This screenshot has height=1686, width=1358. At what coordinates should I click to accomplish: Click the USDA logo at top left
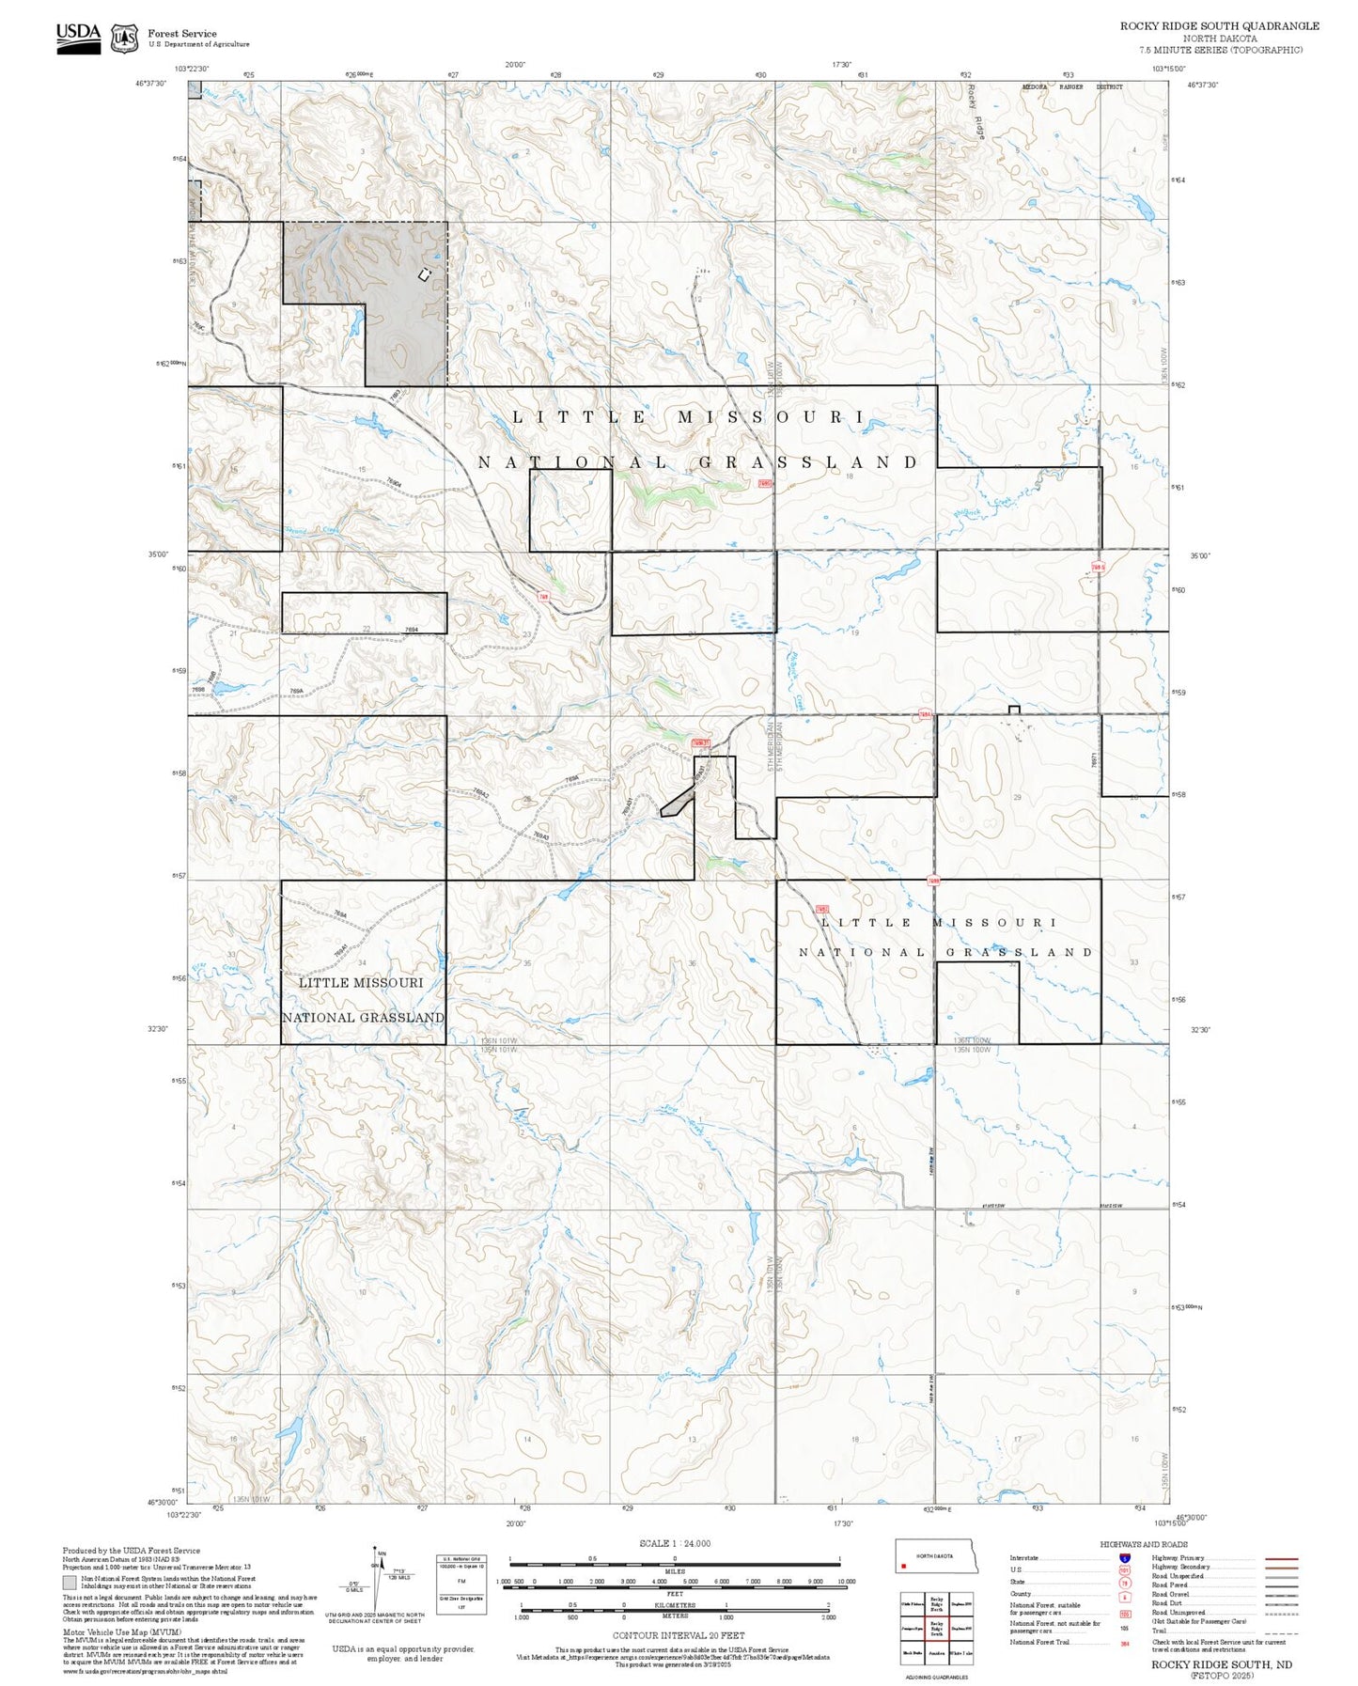(x=78, y=38)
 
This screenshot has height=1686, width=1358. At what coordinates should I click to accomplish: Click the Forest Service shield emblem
(x=124, y=39)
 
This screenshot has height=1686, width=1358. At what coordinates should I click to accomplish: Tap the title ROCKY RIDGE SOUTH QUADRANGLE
(x=1219, y=26)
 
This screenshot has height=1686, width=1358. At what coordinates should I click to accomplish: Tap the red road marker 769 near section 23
(x=544, y=597)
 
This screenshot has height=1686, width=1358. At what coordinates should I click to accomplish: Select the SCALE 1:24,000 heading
(x=674, y=1543)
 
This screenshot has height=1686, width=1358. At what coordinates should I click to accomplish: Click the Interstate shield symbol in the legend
(x=1124, y=1558)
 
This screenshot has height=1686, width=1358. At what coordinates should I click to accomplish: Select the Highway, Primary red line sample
(x=1281, y=1558)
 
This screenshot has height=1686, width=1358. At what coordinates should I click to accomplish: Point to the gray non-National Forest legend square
(x=70, y=1583)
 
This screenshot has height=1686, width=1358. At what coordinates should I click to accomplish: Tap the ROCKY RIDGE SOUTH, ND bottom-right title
(x=1222, y=1664)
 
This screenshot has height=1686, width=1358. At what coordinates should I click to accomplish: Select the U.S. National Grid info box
(x=460, y=1584)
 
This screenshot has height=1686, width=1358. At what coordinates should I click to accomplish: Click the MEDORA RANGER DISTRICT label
(x=1071, y=87)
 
